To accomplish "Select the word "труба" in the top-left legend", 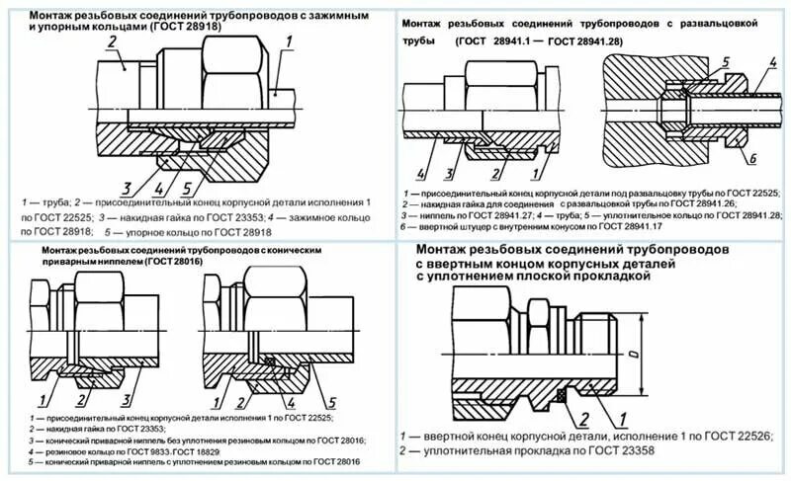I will [59, 201].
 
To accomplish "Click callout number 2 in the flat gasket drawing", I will [583, 417].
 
